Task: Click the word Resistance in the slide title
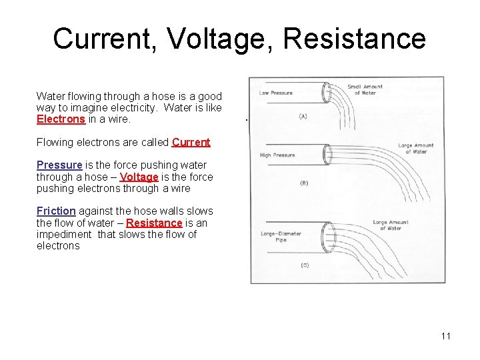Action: [x=354, y=39]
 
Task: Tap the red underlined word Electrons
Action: [x=61, y=119]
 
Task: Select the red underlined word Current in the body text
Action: [x=191, y=142]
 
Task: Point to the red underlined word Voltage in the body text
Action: [x=139, y=177]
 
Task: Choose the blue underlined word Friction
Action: [x=56, y=211]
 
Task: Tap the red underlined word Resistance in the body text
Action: [x=154, y=223]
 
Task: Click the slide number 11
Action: [x=445, y=335]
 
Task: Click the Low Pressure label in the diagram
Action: [x=276, y=93]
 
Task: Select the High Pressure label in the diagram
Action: [x=277, y=155]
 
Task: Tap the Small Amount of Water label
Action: [x=365, y=90]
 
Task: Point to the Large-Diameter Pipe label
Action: [x=281, y=237]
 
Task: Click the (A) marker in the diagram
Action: [x=303, y=116]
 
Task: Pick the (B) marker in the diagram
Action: [x=304, y=182]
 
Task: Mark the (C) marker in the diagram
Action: [x=304, y=265]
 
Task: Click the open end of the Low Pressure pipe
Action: [x=326, y=93]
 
